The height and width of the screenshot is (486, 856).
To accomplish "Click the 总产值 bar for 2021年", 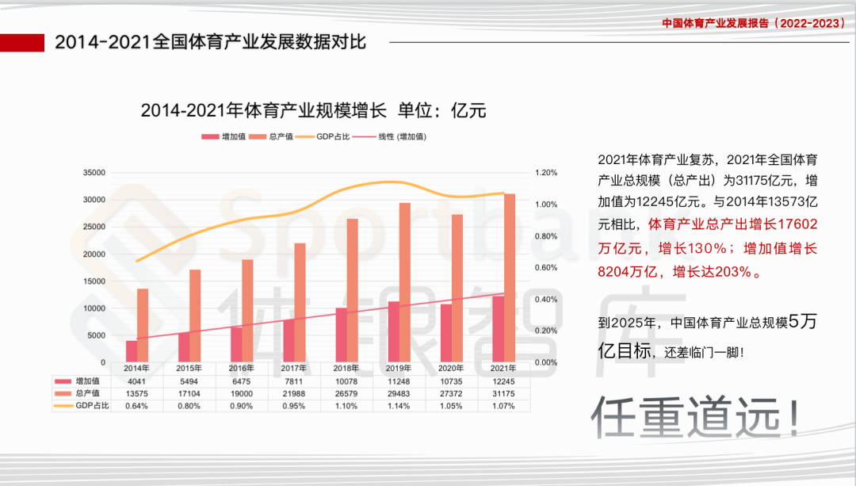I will click(x=510, y=277).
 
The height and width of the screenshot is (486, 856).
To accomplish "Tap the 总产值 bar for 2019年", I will click(x=405, y=282).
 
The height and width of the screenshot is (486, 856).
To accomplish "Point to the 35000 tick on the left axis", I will click(x=94, y=173).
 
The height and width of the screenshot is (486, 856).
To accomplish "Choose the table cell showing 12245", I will click(x=503, y=381).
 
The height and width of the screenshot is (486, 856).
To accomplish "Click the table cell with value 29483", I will click(x=399, y=393).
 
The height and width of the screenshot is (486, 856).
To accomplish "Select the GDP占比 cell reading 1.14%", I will click(x=399, y=405).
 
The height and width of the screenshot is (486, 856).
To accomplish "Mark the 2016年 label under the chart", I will click(x=242, y=369).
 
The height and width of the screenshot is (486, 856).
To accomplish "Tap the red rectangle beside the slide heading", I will click(x=22, y=42).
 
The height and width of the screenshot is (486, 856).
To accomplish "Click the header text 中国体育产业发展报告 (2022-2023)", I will click(x=754, y=23).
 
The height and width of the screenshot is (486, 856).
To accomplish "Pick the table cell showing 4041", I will click(x=137, y=381).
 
